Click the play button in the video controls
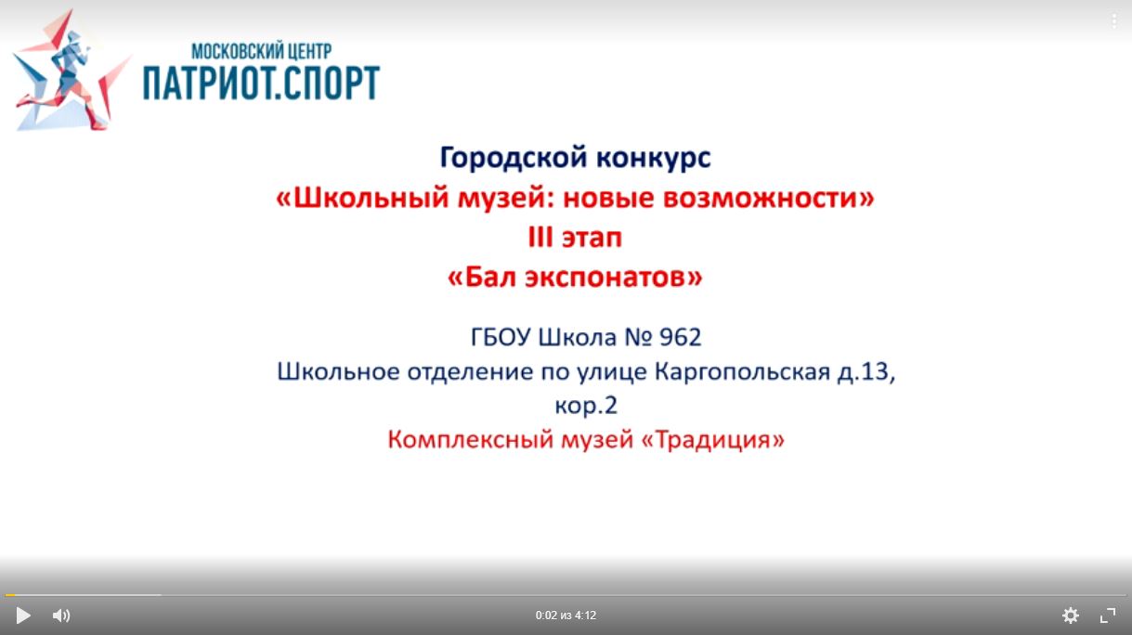coord(22,616)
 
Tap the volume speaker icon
coord(61,616)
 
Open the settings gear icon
coord(1071,616)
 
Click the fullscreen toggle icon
coord(1108,616)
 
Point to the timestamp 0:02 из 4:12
coord(566,616)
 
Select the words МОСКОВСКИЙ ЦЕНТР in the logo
coord(261,51)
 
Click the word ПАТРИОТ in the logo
coord(204,83)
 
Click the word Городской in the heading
coord(514,157)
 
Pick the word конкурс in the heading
coord(654,158)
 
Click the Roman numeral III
coord(540,237)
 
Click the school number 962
coord(680,337)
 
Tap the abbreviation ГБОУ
coord(501,337)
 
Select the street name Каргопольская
coord(742,371)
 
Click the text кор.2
coord(586,405)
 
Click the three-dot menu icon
coord(1113,20)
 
